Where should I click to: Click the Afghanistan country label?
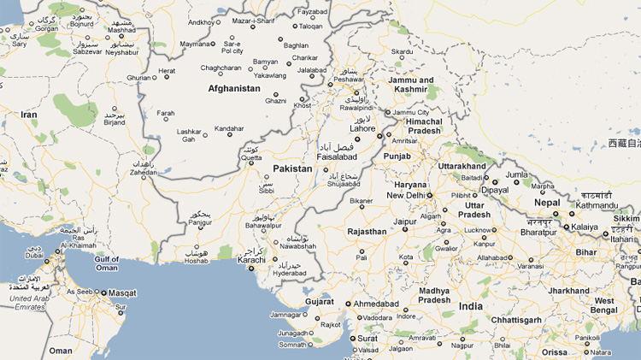(x=233, y=88)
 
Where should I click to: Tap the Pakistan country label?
(x=293, y=168)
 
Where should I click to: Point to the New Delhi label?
(x=405, y=196)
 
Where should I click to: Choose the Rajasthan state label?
(x=367, y=232)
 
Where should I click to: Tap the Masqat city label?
(x=122, y=293)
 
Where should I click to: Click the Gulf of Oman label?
(x=107, y=263)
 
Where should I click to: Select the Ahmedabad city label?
(x=378, y=303)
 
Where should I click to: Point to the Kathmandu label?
(x=596, y=205)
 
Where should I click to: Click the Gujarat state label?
(x=320, y=302)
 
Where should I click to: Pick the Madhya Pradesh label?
(x=433, y=295)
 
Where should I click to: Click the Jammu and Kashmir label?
(x=412, y=85)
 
